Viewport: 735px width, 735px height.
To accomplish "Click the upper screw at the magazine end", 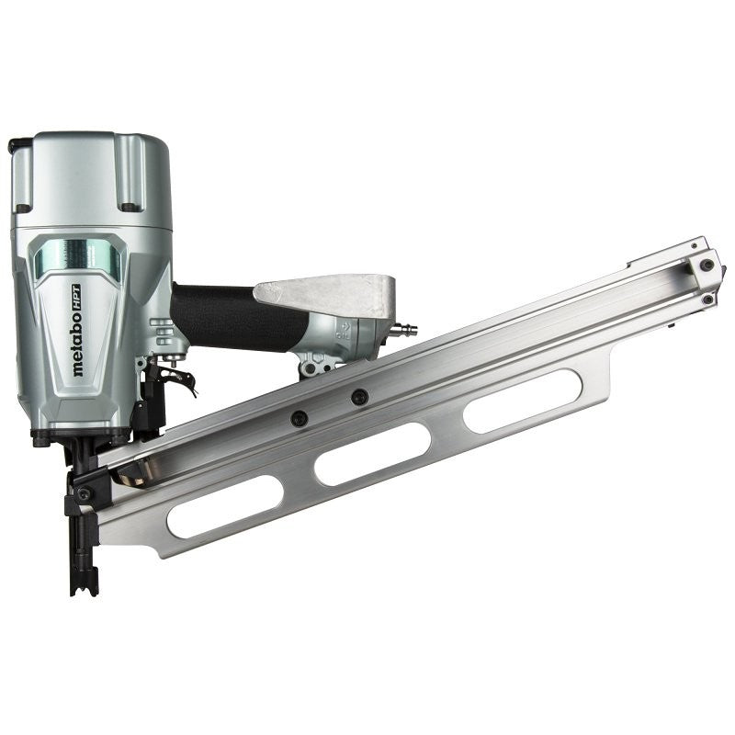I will pyautogui.click(x=705, y=266).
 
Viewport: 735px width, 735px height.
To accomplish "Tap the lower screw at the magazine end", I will pyautogui.click(x=708, y=299).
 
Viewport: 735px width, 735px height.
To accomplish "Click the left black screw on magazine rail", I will pyautogui.click(x=299, y=418).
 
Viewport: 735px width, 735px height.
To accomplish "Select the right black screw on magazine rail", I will pyautogui.click(x=359, y=397).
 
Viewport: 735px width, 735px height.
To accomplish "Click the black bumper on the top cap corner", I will pyautogui.click(x=17, y=146).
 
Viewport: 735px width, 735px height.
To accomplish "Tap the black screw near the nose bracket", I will pyautogui.click(x=84, y=493).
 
